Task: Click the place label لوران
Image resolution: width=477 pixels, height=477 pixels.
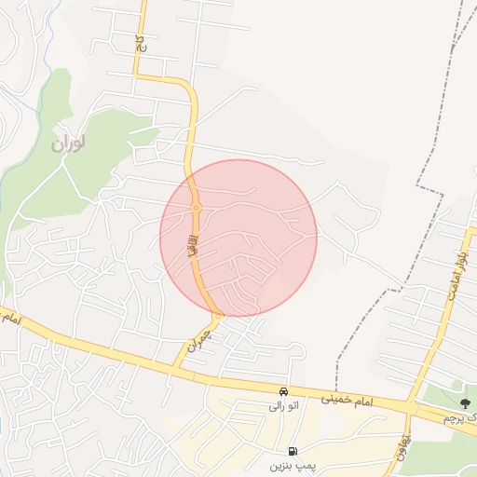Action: click(68, 144)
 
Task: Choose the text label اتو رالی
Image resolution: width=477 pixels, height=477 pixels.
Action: click(281, 406)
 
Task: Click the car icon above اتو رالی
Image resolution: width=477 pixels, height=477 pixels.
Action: click(282, 391)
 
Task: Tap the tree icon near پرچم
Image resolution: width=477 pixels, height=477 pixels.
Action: click(465, 402)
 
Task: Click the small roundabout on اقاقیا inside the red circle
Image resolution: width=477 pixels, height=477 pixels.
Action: click(196, 207)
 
